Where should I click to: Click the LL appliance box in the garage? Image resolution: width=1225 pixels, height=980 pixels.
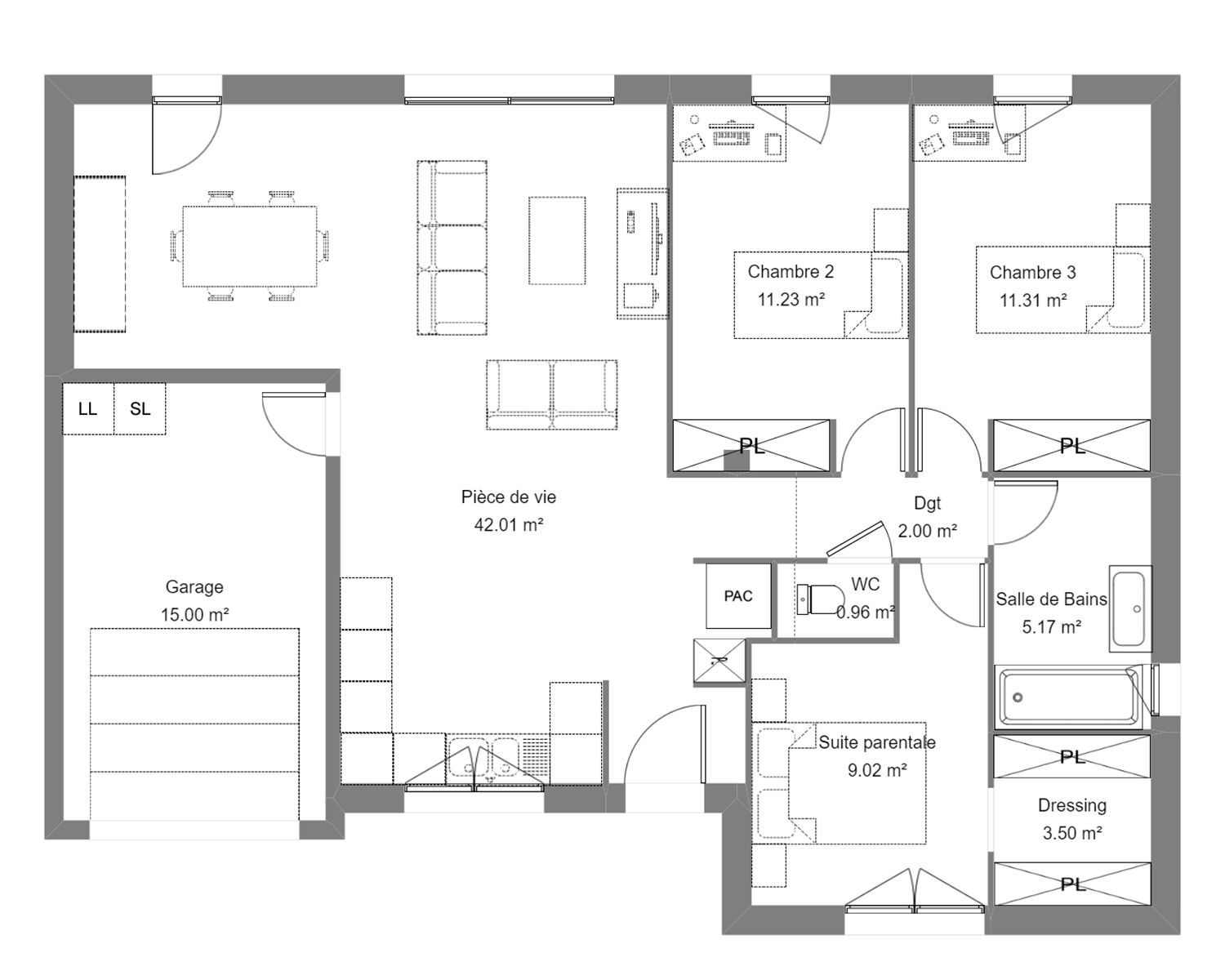[88, 409]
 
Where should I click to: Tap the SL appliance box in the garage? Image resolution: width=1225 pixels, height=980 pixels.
[140, 409]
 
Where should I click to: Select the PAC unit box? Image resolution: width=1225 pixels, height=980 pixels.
[738, 595]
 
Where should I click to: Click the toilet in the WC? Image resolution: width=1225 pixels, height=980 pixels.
[820, 599]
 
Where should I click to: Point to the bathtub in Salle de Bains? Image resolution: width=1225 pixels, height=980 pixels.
[1070, 697]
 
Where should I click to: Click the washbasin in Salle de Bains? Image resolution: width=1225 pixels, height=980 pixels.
[1130, 608]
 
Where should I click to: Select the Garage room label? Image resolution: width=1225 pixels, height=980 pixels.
[194, 587]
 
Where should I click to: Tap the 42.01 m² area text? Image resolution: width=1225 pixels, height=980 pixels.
[508, 524]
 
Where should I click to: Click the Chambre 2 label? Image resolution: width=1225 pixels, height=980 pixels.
[791, 272]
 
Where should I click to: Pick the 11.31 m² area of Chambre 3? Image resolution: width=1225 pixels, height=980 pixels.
[1033, 300]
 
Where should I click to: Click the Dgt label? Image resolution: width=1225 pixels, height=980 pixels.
[927, 503]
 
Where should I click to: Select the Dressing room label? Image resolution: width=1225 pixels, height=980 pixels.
[1072, 805]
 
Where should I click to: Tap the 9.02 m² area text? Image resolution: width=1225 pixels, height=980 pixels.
[877, 770]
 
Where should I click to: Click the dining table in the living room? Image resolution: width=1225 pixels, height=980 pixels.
[249, 246]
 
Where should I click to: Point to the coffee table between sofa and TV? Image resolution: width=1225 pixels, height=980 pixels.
[557, 240]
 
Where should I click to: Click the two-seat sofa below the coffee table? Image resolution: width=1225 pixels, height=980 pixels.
[551, 394]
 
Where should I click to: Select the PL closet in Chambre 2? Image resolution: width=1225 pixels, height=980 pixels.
[751, 445]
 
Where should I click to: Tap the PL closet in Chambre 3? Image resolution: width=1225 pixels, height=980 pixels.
[1071, 445]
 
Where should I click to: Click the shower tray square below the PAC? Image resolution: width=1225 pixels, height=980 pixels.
[719, 661]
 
